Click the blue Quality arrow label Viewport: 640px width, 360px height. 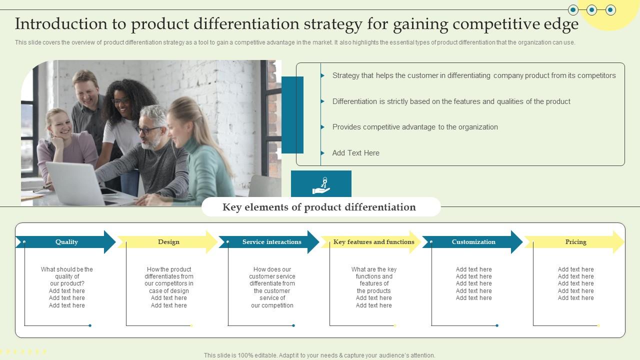[66, 242]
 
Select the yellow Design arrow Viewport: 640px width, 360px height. [168, 242]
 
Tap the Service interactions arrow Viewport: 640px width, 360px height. [271, 242]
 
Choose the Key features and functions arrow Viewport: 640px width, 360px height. [373, 242]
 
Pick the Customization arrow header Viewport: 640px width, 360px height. [473, 242]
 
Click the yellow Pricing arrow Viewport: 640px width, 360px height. [575, 242]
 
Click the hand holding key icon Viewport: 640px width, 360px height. [321, 185]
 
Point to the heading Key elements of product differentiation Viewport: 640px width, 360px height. [319, 207]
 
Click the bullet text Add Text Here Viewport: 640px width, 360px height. [355, 153]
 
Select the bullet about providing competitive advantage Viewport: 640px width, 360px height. [415, 127]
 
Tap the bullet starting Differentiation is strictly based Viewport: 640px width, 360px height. [451, 101]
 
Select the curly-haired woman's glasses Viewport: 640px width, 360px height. [120, 101]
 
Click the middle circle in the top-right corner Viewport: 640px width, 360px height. [592, 9]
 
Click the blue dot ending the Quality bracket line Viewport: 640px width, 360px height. [90, 325]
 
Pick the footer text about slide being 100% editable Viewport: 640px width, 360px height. [319, 355]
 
